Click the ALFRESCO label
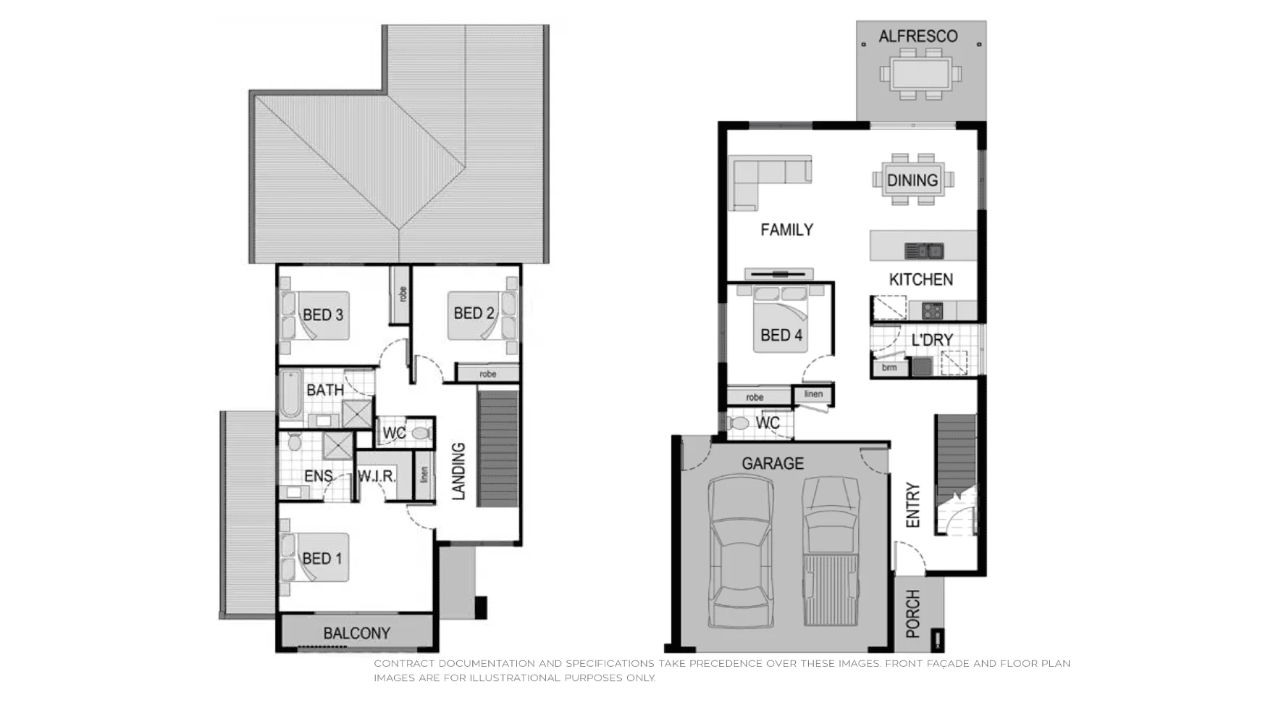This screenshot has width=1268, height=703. pyautogui.click(x=918, y=36)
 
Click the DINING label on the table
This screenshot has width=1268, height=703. pyautogui.click(x=912, y=180)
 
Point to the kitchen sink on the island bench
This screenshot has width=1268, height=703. pyautogui.click(x=925, y=251)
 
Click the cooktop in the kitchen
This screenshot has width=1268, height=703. pyautogui.click(x=932, y=311)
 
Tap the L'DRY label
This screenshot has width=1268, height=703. pyautogui.click(x=932, y=340)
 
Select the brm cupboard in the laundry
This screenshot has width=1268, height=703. pyautogui.click(x=889, y=367)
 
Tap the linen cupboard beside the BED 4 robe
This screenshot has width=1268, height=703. pyautogui.click(x=813, y=394)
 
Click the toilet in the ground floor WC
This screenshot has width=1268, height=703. pyautogui.click(x=740, y=423)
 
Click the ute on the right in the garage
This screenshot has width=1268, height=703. pyautogui.click(x=831, y=551)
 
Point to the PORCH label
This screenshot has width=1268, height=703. pyautogui.click(x=912, y=613)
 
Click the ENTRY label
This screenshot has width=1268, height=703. pyautogui.click(x=912, y=505)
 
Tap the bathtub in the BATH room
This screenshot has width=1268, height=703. pyautogui.click(x=291, y=395)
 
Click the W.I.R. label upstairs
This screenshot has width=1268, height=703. pyautogui.click(x=377, y=477)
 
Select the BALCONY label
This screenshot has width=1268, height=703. pyautogui.click(x=356, y=633)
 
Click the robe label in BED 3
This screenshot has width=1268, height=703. pyautogui.click(x=402, y=294)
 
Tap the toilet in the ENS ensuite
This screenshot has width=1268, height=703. pyautogui.click(x=295, y=441)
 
